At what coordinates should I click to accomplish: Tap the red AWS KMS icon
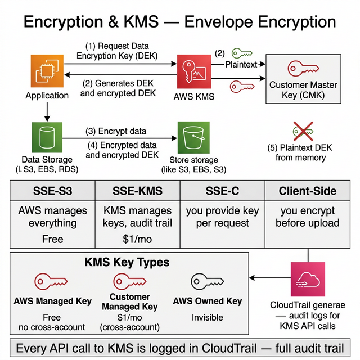[193, 70]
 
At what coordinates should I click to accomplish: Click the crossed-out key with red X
[303, 130]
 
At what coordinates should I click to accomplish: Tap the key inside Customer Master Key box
[303, 69]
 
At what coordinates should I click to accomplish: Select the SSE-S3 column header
[52, 191]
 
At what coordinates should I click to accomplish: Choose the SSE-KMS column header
[137, 191]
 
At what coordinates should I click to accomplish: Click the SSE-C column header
[222, 191]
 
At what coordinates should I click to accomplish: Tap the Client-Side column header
[307, 191]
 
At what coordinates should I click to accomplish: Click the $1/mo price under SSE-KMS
[137, 239]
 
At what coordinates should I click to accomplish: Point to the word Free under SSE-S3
[52, 239]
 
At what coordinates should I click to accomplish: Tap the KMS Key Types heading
[127, 263]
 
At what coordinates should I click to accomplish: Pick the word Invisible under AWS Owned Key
[207, 317]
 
